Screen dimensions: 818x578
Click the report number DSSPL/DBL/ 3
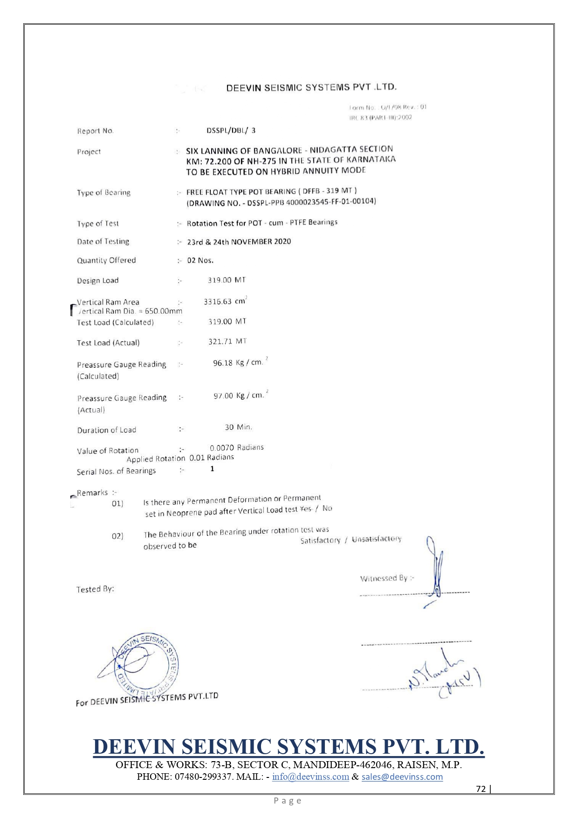click(231, 131)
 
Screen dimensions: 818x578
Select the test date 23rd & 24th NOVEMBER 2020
click(239, 241)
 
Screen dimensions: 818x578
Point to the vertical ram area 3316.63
click(218, 302)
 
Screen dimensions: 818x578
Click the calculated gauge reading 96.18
click(223, 363)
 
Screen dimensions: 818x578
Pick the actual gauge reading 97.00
click(223, 396)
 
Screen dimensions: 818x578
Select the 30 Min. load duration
click(238, 427)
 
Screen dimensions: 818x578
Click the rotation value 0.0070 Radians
click(236, 447)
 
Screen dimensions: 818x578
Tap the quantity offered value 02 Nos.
click(200, 260)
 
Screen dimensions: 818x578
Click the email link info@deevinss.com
click(310, 777)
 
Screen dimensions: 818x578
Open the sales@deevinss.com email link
click(402, 777)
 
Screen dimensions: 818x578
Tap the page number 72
click(481, 789)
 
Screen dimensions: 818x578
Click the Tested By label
click(95, 589)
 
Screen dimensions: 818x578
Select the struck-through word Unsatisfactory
click(377, 539)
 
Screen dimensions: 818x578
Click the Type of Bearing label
click(103, 192)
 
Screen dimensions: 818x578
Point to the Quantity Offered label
click(106, 260)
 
